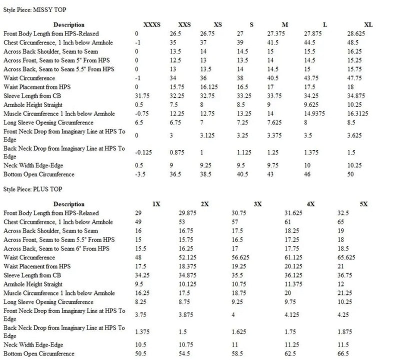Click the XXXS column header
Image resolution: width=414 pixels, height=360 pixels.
pyautogui.click(x=152, y=24)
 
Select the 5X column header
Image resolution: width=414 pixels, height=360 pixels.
pyautogui.click(x=363, y=204)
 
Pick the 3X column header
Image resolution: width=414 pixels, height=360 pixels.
pyautogui.click(x=258, y=204)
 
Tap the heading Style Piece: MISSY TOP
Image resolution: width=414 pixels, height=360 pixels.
pyautogui.click(x=35, y=9)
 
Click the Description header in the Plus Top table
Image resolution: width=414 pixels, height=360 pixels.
pyautogui.click(x=69, y=204)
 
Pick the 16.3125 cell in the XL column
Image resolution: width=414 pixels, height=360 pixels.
pyautogui.click(x=359, y=114)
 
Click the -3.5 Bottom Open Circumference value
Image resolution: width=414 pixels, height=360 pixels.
pyautogui.click(x=140, y=174)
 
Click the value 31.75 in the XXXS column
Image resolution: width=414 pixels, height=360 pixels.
pyautogui.click(x=142, y=96)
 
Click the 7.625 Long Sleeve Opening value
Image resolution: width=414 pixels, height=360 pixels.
pyautogui.click(x=275, y=123)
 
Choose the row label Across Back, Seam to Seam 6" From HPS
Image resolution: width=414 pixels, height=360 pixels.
pyautogui.click(x=56, y=249)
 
